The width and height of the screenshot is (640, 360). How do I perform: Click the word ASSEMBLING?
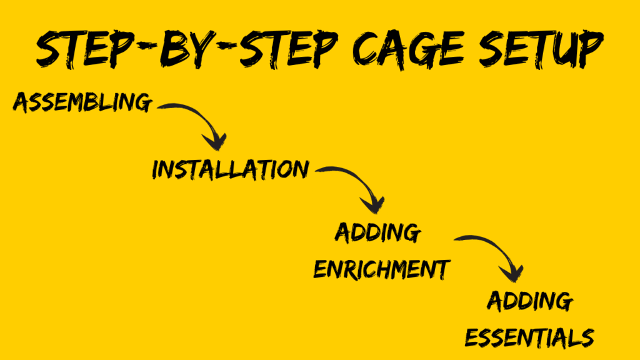pyautogui.click(x=82, y=102)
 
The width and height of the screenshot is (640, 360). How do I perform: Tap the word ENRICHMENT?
pyautogui.click(x=381, y=269)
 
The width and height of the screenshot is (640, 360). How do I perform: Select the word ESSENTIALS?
pyautogui.click(x=529, y=337)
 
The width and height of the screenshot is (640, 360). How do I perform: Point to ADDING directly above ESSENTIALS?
pyautogui.click(x=529, y=302)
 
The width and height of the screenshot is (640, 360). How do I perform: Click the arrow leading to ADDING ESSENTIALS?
pyautogui.click(x=494, y=253)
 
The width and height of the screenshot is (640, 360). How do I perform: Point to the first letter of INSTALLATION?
pyautogui.click(x=156, y=169)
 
